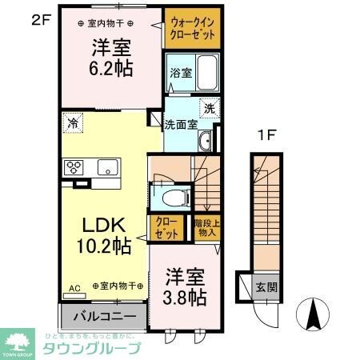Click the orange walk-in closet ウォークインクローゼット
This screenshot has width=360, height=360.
192,30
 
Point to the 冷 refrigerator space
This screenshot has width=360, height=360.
73,123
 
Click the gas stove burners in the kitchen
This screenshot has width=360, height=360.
74,167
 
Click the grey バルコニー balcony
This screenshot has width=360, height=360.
99,317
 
